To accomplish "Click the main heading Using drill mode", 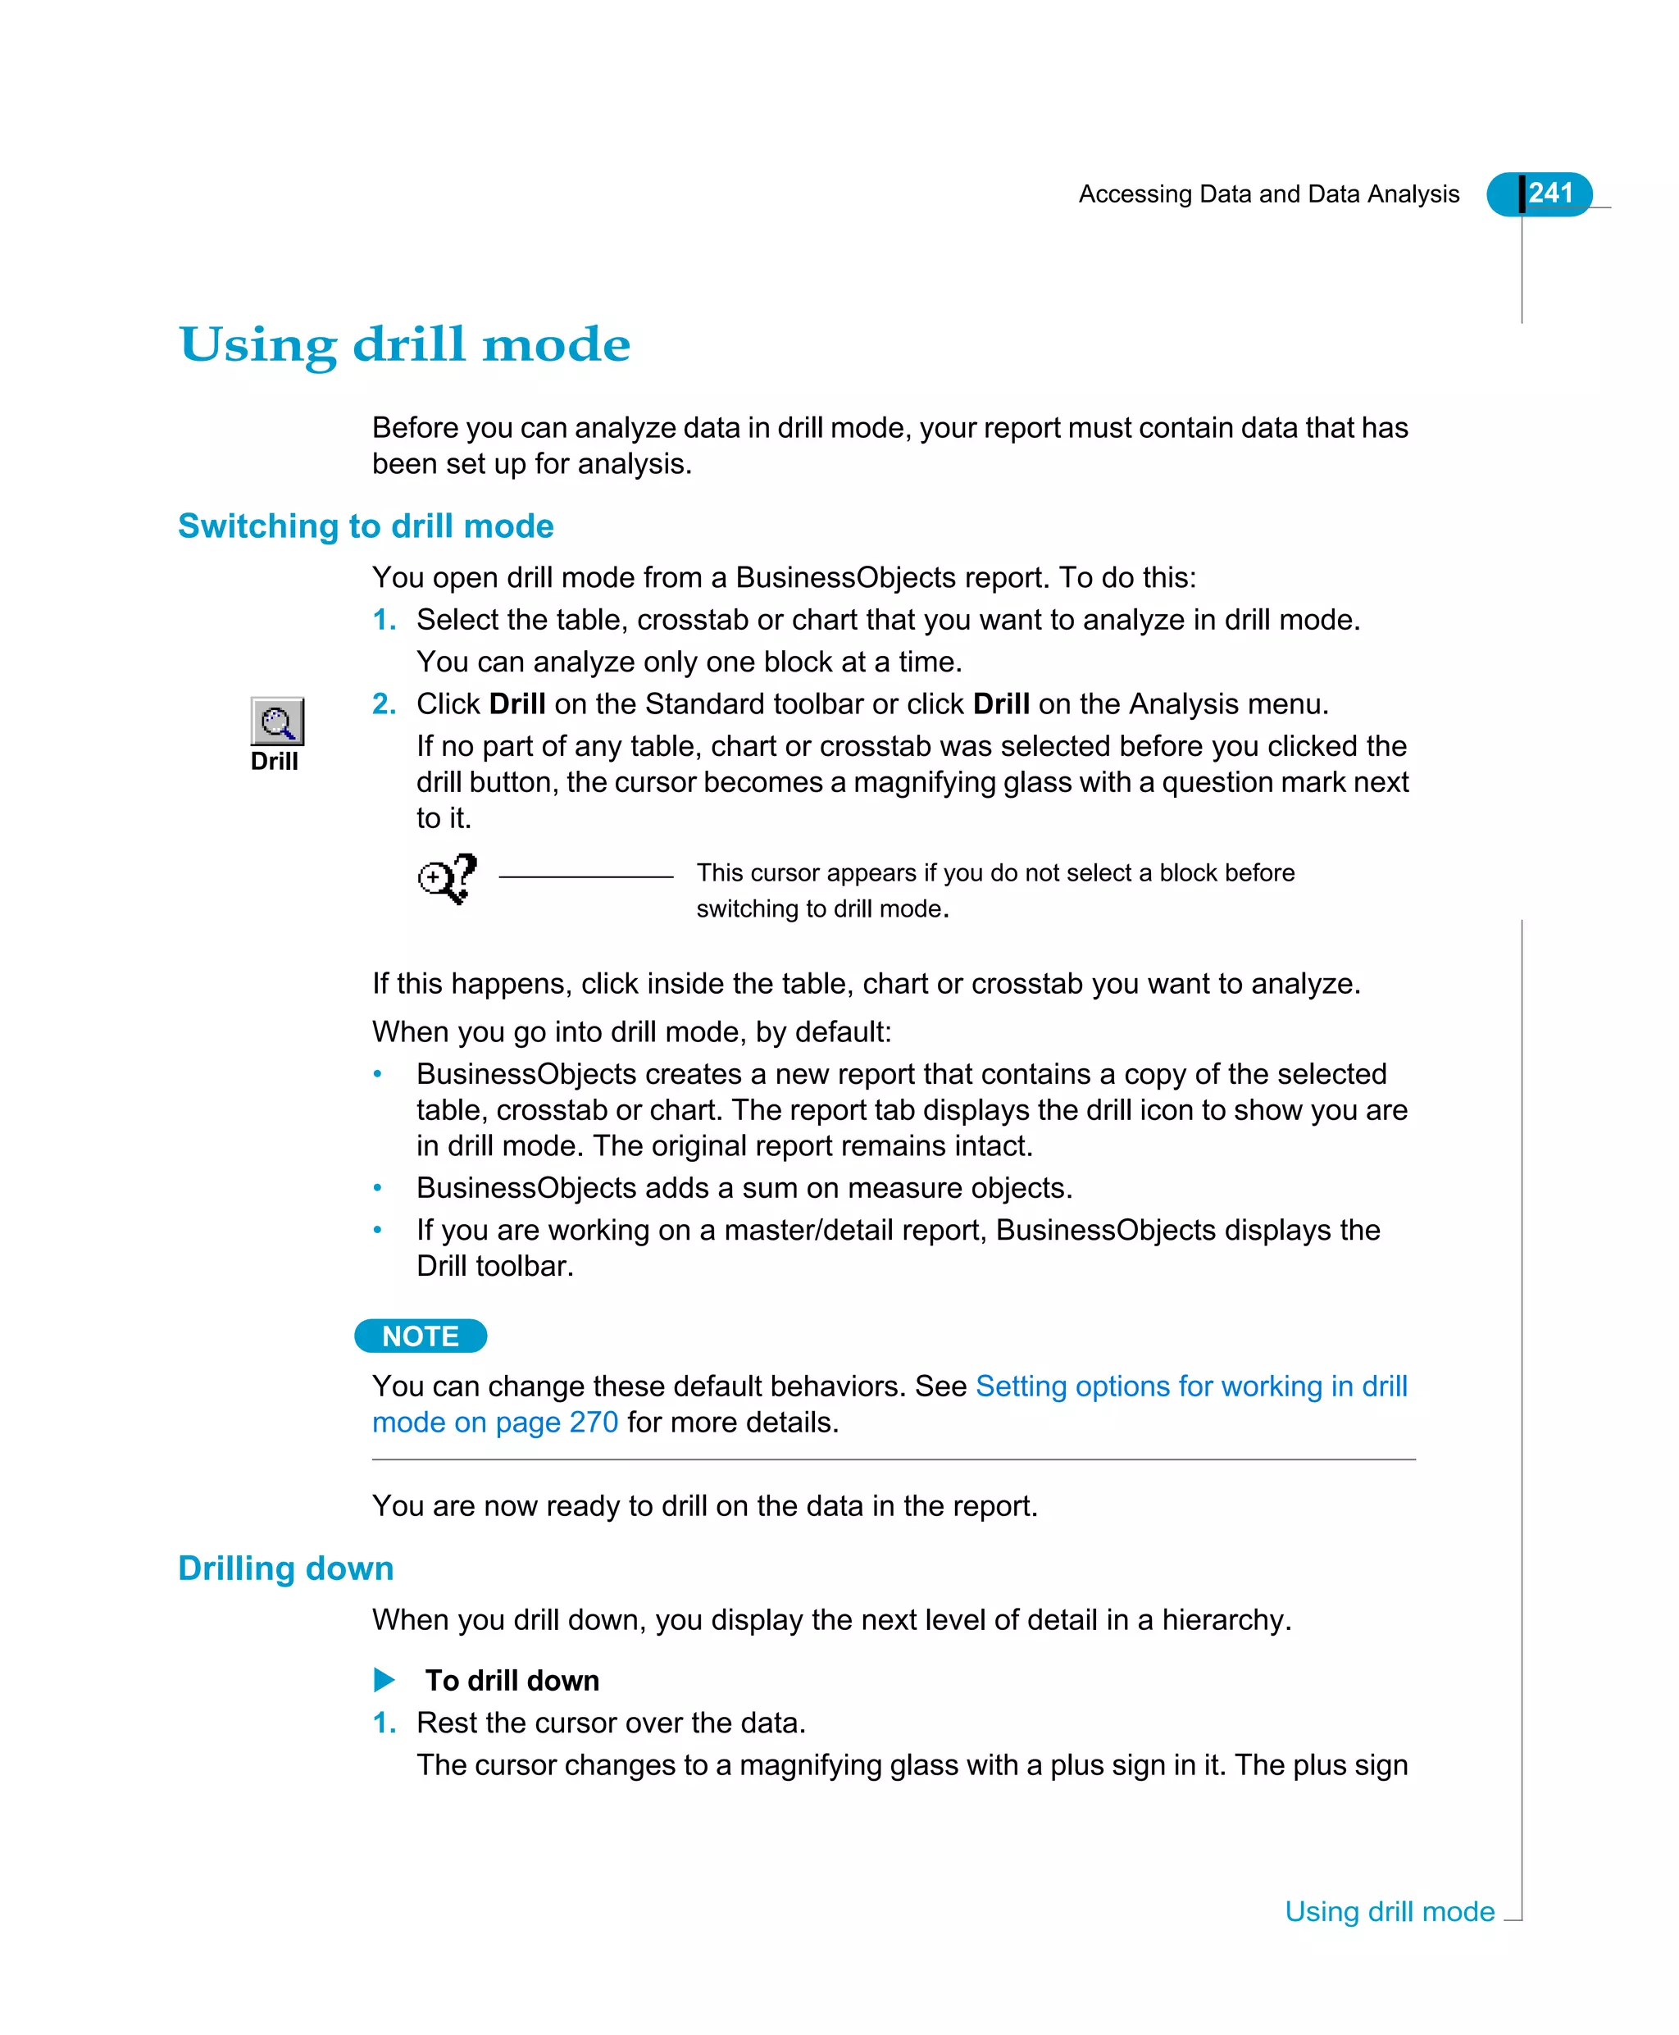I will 404,345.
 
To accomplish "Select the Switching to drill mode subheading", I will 366,526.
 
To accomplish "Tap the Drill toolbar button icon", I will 276,722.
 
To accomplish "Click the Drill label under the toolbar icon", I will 274,761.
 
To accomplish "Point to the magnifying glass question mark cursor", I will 447,878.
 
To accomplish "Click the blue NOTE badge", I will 420,1336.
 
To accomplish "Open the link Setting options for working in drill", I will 1190,1386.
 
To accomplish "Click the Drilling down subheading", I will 285,1568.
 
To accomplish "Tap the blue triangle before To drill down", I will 384,1680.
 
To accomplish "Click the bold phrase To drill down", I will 512,1681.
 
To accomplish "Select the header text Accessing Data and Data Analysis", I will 1268,194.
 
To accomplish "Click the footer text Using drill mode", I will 1389,1911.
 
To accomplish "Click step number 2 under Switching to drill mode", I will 384,704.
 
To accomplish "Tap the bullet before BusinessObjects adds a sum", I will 378,1188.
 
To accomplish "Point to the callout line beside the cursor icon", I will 585,877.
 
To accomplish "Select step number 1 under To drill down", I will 384,1723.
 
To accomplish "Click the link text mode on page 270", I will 494,1423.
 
